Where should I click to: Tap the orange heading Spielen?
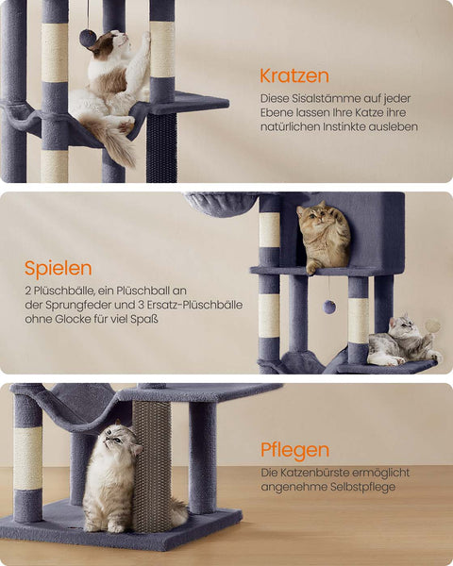click(x=59, y=268)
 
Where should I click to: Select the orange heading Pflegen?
click(x=295, y=449)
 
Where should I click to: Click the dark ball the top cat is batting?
click(x=87, y=39)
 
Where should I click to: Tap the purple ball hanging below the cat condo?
click(x=329, y=307)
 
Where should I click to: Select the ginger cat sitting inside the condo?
click(x=323, y=239)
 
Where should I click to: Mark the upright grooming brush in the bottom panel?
click(x=151, y=467)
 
